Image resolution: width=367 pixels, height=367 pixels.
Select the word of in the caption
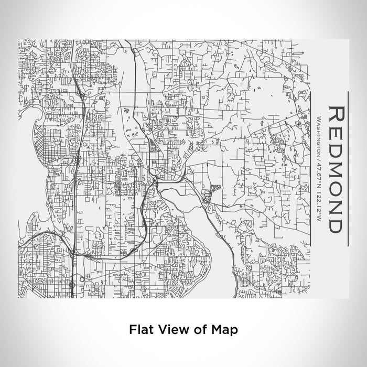click(x=197, y=330)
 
